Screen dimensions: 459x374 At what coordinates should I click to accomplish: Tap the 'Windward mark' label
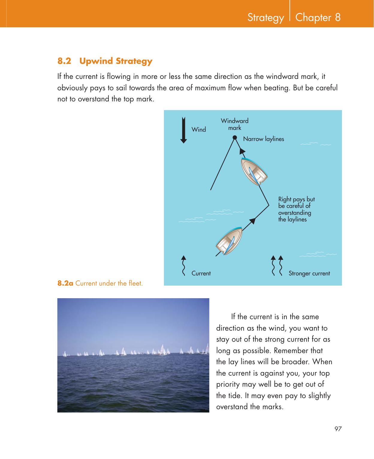coord(235,124)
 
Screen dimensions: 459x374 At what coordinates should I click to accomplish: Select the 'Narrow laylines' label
coord(263,139)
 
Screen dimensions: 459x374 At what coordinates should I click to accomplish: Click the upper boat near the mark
coord(254,171)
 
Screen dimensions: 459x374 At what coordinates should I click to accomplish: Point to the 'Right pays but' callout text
coord(296,199)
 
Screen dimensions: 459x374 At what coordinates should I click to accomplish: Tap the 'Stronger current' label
coord(309,273)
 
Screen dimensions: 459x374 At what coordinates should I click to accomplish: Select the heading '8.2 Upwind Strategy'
coord(105,61)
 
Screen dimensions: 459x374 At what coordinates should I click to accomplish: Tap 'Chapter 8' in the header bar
coord(318,17)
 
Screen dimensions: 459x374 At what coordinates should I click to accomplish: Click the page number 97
coord(338,429)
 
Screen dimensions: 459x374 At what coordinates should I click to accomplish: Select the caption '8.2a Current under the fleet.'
coord(100,283)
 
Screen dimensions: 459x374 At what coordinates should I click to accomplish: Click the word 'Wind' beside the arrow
coord(199,130)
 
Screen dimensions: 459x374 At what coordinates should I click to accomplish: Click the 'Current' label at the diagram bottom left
coord(201,273)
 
